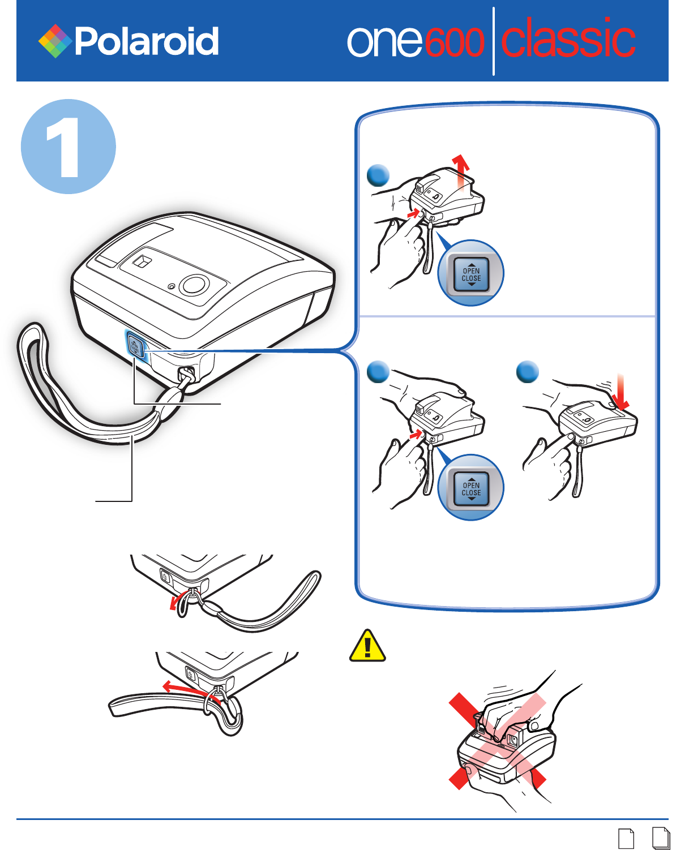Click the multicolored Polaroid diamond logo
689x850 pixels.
pyautogui.click(x=55, y=41)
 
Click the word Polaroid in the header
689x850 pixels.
pyautogui.click(x=147, y=41)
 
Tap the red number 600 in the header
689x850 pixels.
pyautogui.click(x=454, y=42)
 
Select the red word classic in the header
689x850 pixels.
pyautogui.click(x=568, y=37)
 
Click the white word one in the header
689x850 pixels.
pyautogui.click(x=384, y=42)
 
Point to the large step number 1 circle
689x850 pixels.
pyautogui.click(x=69, y=147)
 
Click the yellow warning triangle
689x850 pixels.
pyautogui.click(x=367, y=646)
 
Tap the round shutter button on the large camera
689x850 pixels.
pyautogui.click(x=194, y=284)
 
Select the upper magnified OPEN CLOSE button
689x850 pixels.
pyautogui.click(x=471, y=274)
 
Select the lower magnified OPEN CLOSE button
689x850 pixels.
pyautogui.click(x=471, y=488)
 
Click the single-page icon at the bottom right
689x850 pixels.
pyautogui.click(x=626, y=839)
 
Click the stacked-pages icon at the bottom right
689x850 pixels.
pyautogui.click(x=661, y=838)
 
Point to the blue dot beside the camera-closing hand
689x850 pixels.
pyautogui.click(x=527, y=372)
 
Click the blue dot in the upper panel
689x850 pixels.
pyautogui.click(x=378, y=175)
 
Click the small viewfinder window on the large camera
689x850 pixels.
pyautogui.click(x=142, y=262)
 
